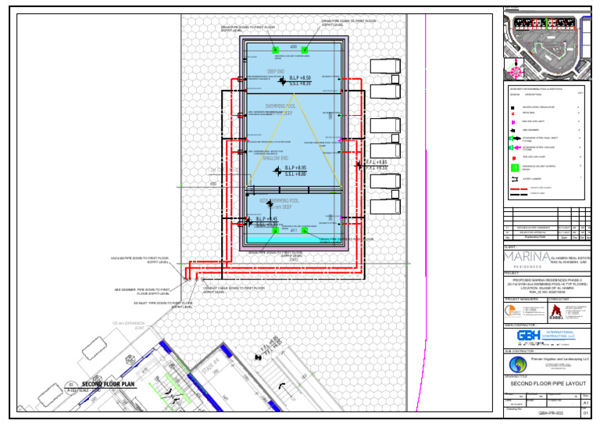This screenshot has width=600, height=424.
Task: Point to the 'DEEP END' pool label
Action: tap(277, 71)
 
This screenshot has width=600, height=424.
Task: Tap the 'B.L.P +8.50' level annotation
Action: tap(299, 78)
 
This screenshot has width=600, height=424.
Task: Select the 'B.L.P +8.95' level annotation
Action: tap(295, 168)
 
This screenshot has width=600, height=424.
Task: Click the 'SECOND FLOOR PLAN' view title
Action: tap(109, 384)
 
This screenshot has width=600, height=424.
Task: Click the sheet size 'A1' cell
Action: tap(585, 402)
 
